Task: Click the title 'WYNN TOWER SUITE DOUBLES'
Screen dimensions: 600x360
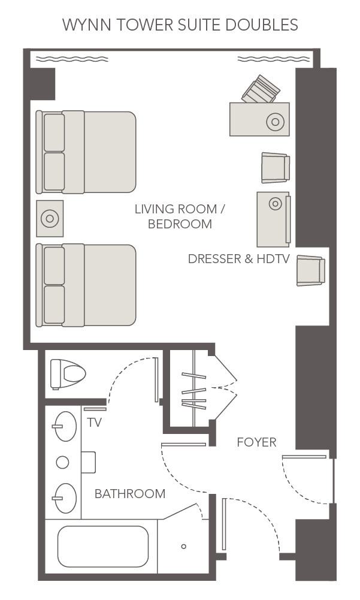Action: coord(180,25)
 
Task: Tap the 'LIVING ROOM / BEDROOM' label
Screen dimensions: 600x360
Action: coord(180,217)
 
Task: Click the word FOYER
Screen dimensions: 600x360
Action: coord(256,442)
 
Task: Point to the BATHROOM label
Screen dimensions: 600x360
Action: coord(130,494)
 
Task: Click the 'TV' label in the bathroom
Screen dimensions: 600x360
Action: coord(95,423)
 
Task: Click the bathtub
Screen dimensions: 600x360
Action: coord(102,546)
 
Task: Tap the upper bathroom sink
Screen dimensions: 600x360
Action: coord(65,426)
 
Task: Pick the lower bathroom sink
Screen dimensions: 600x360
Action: coord(65,498)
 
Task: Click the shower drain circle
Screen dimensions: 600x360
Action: coord(183,546)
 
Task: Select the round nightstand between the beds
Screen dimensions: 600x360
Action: coord(50,218)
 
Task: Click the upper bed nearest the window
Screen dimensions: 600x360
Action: coord(87,152)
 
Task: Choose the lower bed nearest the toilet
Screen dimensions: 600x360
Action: coord(87,285)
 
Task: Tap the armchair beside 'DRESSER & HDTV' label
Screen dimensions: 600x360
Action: coord(310,270)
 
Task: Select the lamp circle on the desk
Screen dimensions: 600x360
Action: coord(275,122)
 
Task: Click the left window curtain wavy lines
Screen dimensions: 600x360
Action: coord(72,59)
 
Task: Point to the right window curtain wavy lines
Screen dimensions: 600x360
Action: coord(274,59)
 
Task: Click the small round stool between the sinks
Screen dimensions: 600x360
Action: coord(62,462)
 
